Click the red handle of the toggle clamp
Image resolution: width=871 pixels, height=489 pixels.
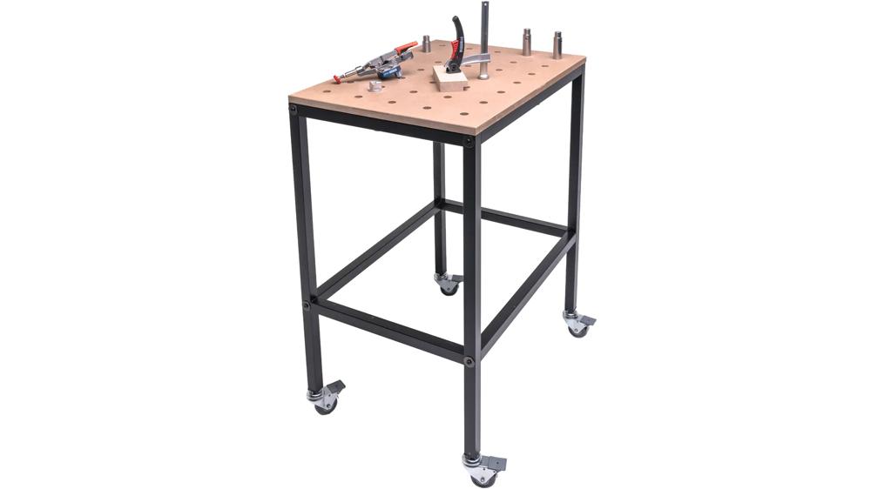(x=402, y=48)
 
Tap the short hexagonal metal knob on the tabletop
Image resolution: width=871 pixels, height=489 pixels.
(x=375, y=87)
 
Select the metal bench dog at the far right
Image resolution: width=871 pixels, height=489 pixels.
(x=557, y=45)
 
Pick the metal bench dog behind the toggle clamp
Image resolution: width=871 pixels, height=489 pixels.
(x=427, y=44)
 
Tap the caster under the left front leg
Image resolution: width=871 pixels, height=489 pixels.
(x=327, y=399)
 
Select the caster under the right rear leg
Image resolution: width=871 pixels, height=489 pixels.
(x=577, y=325)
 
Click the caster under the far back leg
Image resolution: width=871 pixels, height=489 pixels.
(x=449, y=284)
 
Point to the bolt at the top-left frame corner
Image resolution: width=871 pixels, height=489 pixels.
(x=294, y=109)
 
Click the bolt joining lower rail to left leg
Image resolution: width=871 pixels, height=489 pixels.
(x=306, y=305)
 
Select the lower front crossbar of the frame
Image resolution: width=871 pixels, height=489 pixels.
(x=388, y=330)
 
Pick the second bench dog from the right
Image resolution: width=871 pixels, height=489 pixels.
(x=527, y=41)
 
